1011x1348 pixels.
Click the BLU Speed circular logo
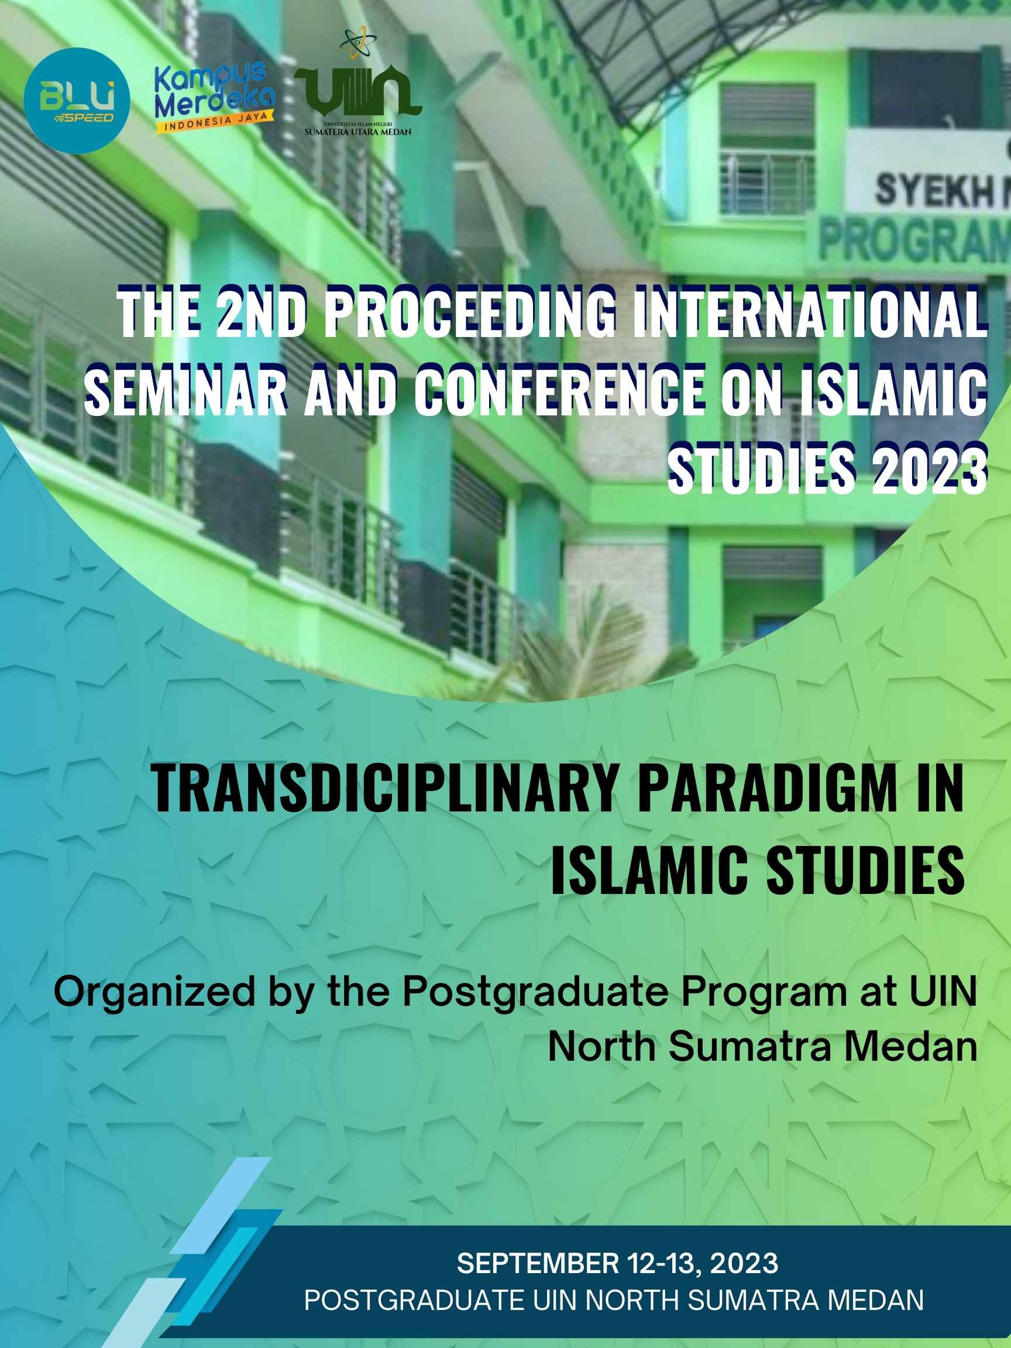coord(77,101)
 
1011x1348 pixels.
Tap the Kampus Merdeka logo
coord(214,98)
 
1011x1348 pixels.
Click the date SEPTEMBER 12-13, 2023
coord(617,1263)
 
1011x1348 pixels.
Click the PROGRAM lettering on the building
coord(914,242)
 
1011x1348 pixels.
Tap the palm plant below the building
coord(585,655)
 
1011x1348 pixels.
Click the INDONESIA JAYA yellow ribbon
coord(214,121)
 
